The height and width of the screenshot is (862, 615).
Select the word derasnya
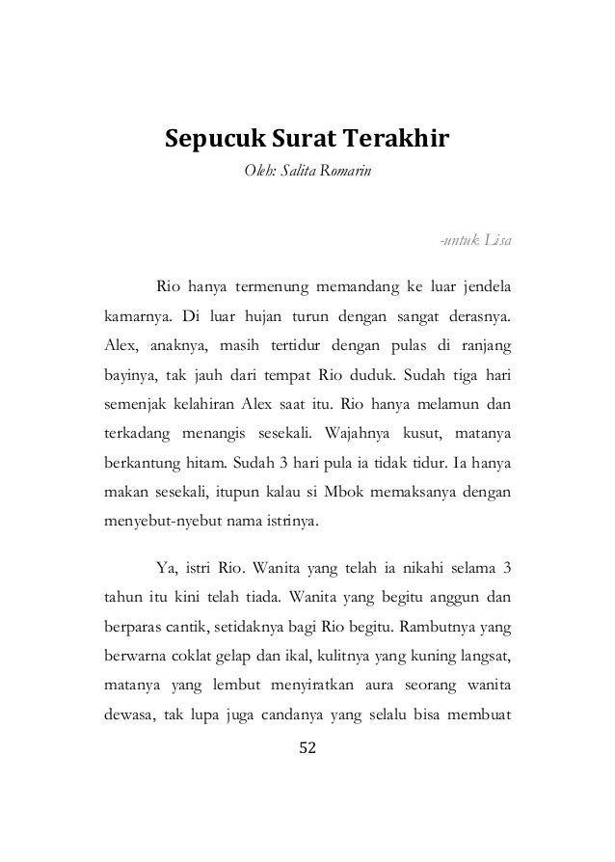[478, 315]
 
